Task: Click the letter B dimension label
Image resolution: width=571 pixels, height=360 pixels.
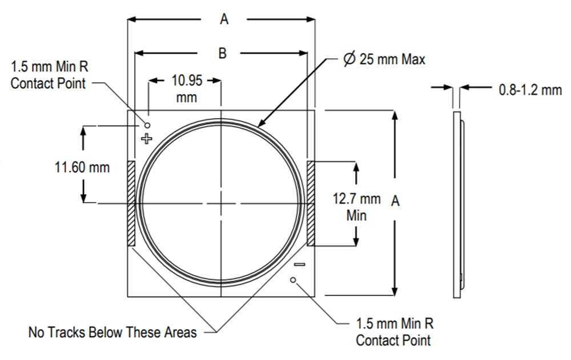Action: click(223, 53)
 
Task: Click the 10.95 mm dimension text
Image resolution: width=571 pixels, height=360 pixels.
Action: click(186, 88)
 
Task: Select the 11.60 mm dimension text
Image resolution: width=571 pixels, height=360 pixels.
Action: click(82, 168)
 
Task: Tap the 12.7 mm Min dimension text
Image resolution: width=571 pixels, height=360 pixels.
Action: click(356, 207)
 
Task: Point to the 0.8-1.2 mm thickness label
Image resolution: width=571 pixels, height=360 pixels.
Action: click(530, 90)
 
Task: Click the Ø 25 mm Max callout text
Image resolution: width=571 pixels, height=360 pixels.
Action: click(384, 59)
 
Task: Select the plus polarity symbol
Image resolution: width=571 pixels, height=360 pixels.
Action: click(147, 138)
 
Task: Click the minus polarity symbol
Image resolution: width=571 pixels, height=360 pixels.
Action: click(299, 264)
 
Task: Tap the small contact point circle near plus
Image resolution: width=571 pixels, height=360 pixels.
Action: click(147, 124)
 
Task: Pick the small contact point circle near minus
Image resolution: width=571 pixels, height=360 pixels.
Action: click(293, 280)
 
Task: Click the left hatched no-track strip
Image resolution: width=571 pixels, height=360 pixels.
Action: click(131, 204)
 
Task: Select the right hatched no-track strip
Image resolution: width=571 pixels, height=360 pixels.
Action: click(311, 204)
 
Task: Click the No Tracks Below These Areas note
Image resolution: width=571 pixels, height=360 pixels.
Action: click(112, 332)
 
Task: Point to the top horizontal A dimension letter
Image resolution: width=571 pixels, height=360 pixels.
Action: click(224, 19)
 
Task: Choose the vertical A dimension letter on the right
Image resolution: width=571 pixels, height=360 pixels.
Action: click(395, 200)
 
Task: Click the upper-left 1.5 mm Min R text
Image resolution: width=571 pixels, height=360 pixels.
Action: click(49, 74)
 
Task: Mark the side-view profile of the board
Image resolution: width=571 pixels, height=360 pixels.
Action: click(457, 204)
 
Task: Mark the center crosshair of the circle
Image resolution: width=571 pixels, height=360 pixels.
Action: click(221, 204)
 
